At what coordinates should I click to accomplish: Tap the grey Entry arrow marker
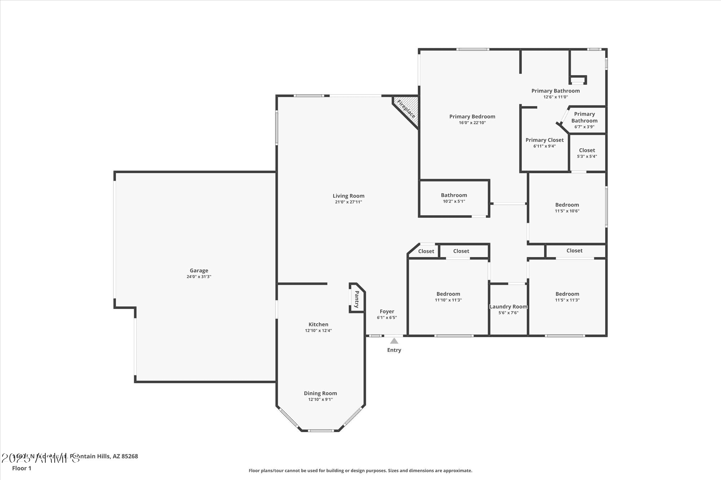coord(394,341)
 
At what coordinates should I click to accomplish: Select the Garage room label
coord(199,270)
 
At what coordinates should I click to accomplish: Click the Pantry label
coord(357,299)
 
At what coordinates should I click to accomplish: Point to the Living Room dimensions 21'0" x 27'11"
coord(348,202)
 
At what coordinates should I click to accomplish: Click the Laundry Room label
coord(508,306)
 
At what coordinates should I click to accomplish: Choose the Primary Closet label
coord(544,140)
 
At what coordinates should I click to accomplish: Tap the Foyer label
coord(387,311)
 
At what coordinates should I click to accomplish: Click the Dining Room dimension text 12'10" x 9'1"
coord(320,399)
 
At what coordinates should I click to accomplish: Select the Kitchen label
coord(318,324)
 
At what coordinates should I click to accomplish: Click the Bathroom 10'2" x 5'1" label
coord(454,195)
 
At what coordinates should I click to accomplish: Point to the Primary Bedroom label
coord(472,116)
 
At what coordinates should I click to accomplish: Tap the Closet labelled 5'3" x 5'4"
coord(587,151)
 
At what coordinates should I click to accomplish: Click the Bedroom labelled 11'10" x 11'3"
coord(448,294)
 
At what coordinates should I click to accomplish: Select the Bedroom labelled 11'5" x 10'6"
coord(567,205)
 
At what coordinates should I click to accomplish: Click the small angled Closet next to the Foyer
coord(426,251)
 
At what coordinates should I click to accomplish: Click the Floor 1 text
coord(22,468)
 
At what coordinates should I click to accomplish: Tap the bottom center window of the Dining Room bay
coord(321,430)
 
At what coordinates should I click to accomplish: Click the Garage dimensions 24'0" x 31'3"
coord(199,277)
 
